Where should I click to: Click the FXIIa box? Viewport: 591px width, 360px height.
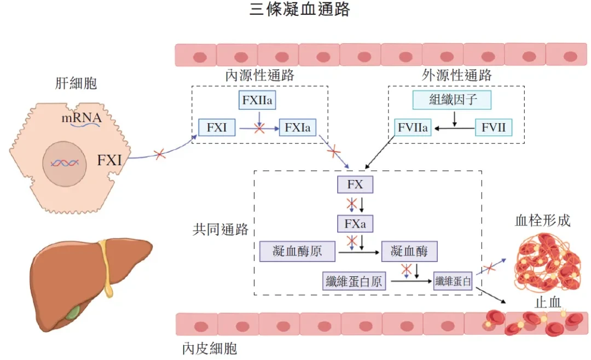click(x=257, y=100)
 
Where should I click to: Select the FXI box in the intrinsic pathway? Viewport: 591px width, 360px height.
click(x=217, y=127)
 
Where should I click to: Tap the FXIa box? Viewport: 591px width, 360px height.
click(x=297, y=127)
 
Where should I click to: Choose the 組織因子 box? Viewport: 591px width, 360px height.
click(x=452, y=100)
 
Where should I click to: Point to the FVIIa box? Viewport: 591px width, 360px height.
click(x=413, y=127)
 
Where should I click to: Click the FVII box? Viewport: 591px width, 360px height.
click(x=494, y=127)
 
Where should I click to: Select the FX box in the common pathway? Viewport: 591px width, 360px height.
click(x=355, y=184)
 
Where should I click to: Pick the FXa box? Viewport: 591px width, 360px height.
click(x=355, y=224)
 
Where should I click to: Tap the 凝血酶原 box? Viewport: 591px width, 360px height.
click(x=297, y=251)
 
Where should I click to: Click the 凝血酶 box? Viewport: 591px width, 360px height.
click(x=409, y=251)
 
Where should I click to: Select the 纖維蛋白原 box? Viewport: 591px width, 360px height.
click(x=354, y=281)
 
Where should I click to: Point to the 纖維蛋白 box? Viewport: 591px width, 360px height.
click(x=453, y=281)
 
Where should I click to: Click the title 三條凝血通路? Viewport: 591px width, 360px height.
click(x=300, y=9)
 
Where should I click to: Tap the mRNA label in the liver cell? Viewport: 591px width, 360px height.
click(x=82, y=118)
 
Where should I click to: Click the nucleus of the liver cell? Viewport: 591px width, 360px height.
click(x=65, y=164)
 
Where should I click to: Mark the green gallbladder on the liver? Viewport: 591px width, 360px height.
click(x=73, y=312)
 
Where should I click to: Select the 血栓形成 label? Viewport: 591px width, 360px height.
click(x=543, y=220)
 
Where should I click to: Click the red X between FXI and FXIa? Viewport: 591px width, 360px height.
click(x=259, y=129)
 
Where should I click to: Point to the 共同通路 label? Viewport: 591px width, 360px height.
click(x=221, y=229)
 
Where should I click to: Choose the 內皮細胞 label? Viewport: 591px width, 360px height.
click(x=210, y=349)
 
